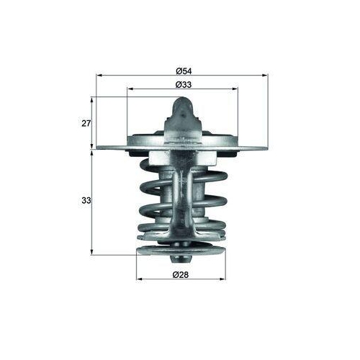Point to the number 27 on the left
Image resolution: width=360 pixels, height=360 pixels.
click(x=86, y=123)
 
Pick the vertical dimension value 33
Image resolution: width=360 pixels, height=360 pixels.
click(x=86, y=201)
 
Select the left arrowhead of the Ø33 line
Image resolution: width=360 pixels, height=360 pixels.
click(x=130, y=89)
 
